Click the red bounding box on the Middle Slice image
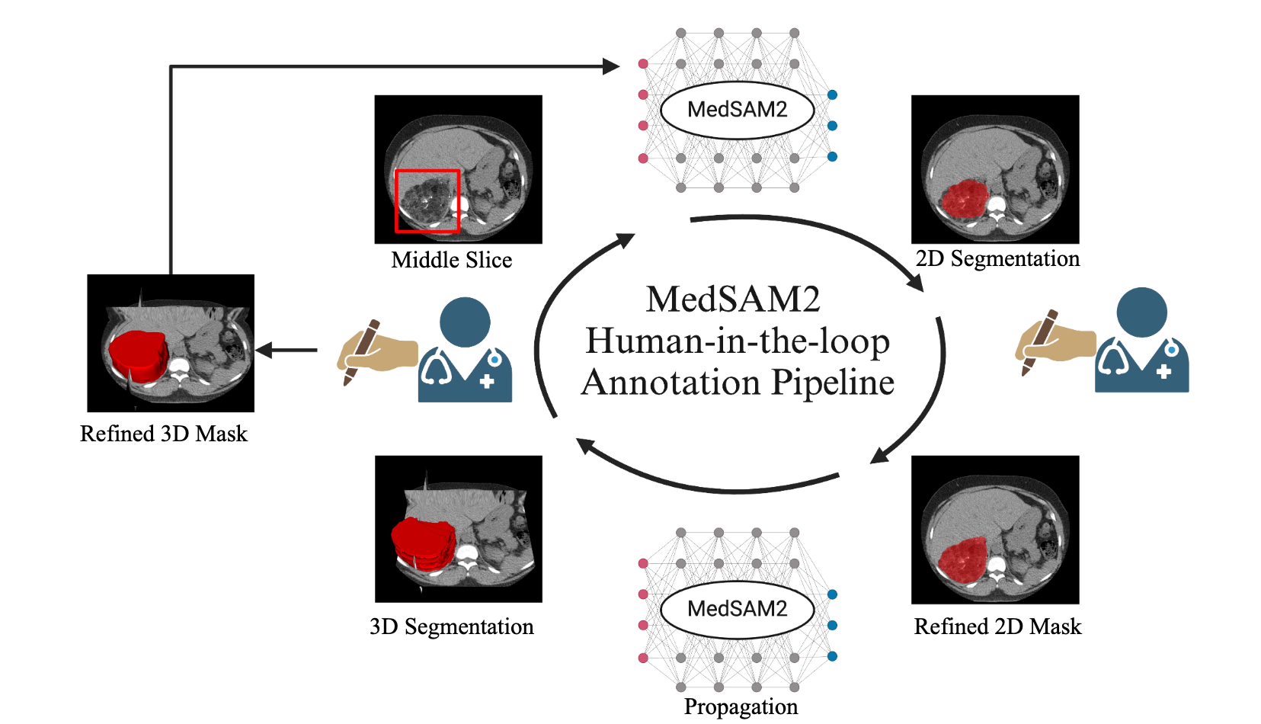[x=427, y=171]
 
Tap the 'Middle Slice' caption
[x=451, y=260]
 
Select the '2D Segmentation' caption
[x=997, y=258]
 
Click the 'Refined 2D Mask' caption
[x=997, y=626]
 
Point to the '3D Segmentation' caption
[x=451, y=626]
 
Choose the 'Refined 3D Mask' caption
[x=164, y=434]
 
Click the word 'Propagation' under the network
[x=741, y=706]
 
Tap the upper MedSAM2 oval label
[x=737, y=110]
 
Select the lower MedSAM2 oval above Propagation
[x=737, y=609]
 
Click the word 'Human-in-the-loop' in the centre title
[x=737, y=341]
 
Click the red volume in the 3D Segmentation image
[x=424, y=543]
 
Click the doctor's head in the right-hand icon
[x=1141, y=312]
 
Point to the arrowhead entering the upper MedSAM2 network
[x=611, y=66]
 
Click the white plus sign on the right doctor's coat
[x=1163, y=372]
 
